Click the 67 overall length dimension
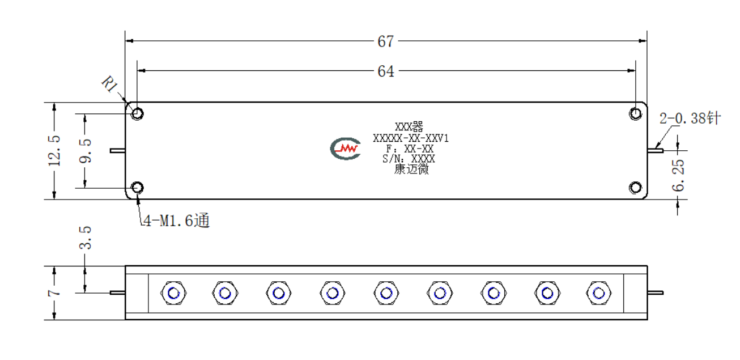pos(385,41)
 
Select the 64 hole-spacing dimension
pos(385,71)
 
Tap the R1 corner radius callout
pos(109,84)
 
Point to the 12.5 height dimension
pos(54,150)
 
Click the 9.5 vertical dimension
pos(85,151)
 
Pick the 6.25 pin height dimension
pos(678,175)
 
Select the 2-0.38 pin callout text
pos(690,118)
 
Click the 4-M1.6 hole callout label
pos(176,221)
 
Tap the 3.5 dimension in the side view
pos(85,238)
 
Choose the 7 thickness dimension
pos(54,293)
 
